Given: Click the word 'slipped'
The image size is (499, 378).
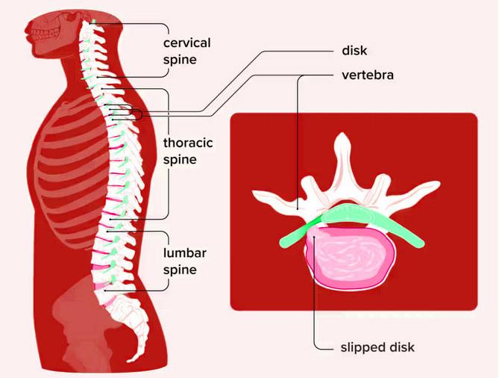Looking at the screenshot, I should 360,347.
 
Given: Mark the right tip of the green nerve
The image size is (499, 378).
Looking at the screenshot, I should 421,242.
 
